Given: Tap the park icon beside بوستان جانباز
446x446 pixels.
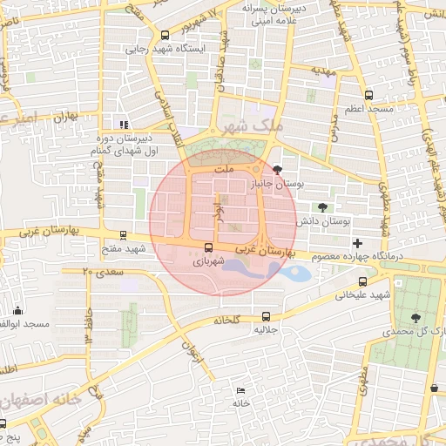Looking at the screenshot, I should click(x=278, y=170).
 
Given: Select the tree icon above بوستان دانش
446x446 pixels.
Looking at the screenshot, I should click(x=323, y=207).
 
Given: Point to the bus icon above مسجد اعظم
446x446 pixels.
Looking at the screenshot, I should click(x=368, y=95).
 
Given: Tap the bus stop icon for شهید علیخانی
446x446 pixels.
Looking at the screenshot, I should click(x=363, y=281).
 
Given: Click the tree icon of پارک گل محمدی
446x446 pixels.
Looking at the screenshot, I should click(x=415, y=319).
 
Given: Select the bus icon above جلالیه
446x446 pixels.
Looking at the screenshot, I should click(x=266, y=316).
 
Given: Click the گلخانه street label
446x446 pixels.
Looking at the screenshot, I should click(x=226, y=320).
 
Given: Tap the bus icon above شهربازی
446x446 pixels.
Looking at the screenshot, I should click(x=207, y=247).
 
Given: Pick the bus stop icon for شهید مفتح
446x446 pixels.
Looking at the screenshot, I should click(x=124, y=234).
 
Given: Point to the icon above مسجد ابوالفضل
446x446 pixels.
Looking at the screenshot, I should click(x=18, y=311).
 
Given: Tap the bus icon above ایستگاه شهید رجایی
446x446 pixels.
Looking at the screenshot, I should click(x=166, y=35).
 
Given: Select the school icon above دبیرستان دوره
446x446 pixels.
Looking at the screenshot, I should click(x=124, y=124).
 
